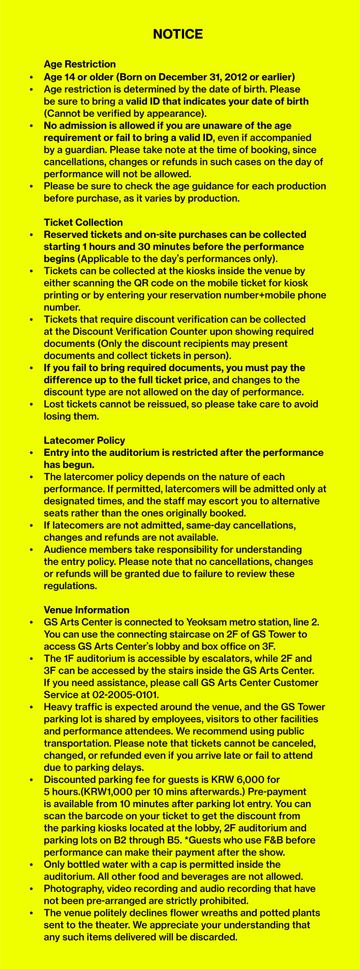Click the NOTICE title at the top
pos(178,34)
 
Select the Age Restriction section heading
pos(80,64)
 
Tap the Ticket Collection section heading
pos(83,222)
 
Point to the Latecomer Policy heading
pos(84,440)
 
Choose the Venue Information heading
pos(86,610)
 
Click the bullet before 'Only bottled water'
pos(32,865)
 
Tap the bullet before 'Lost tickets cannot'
pos(32,405)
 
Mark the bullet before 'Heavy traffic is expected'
pos(32,707)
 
